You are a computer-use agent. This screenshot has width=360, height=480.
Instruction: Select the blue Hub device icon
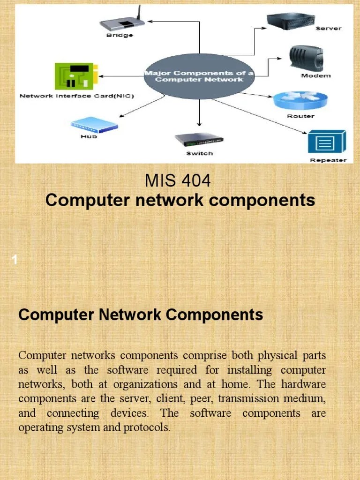coord(94,125)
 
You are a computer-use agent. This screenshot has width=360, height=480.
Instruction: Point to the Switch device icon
coord(199,139)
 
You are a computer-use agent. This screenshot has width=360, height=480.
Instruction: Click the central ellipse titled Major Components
coord(199,76)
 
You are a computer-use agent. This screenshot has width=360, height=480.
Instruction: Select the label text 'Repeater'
coord(328,160)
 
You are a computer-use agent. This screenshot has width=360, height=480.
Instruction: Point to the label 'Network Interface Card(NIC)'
coord(76,96)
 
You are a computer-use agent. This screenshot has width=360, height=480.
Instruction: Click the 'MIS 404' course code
coord(178,180)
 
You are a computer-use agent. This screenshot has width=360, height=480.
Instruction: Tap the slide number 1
coord(15,260)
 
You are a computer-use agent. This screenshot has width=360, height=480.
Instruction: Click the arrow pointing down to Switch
coord(199,112)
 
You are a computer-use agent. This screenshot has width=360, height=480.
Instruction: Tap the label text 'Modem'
coord(315,75)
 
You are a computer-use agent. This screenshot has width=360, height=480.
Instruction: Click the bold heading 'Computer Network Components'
coord(141,315)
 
